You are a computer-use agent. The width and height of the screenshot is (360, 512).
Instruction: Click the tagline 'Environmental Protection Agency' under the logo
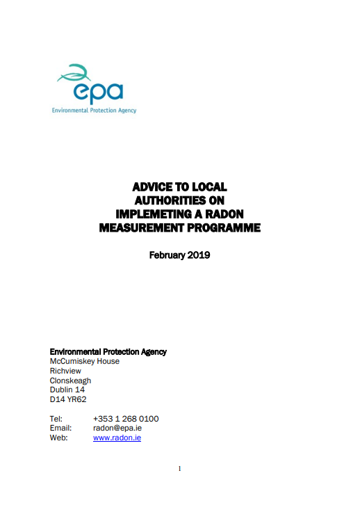tap(95, 110)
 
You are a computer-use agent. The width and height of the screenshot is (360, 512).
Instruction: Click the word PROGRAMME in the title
tap(222, 226)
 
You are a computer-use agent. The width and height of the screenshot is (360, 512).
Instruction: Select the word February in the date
tap(167, 255)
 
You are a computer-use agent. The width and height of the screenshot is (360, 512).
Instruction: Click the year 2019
tap(198, 255)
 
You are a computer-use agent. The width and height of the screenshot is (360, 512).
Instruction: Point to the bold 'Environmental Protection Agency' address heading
tap(108, 351)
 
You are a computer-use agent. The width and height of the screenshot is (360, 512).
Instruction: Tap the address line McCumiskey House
tap(85, 361)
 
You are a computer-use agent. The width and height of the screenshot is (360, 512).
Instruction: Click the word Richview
tap(65, 371)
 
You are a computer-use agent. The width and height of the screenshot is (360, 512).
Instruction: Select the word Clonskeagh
tap(70, 381)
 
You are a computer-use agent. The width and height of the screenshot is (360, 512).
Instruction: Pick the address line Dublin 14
tap(67, 390)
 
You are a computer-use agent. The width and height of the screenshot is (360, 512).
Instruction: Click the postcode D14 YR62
tap(68, 399)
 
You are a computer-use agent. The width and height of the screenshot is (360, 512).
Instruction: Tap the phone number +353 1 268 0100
tap(126, 419)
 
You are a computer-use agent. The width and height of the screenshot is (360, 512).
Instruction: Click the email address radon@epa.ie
tap(117, 429)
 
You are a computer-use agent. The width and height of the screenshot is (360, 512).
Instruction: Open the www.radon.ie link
tap(117, 438)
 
